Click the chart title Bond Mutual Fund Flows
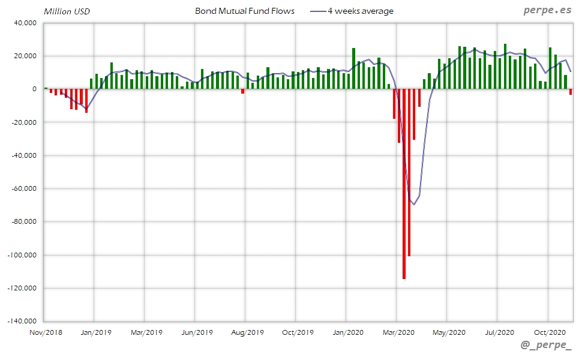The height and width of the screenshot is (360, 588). click(x=245, y=11)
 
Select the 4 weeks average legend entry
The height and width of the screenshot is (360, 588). click(x=360, y=11)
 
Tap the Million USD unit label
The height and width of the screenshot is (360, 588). click(x=67, y=11)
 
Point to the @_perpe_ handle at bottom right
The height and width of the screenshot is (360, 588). click(x=546, y=347)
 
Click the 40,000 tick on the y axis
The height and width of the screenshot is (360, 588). click(x=25, y=23)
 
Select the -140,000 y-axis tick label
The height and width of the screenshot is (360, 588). click(x=22, y=321)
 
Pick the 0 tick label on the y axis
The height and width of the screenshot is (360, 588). click(x=34, y=89)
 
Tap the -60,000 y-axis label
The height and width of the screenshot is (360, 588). click(x=23, y=188)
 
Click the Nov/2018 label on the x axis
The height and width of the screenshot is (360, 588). click(x=46, y=332)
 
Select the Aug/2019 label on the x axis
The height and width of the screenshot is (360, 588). click(x=247, y=332)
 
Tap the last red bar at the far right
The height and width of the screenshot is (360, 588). click(x=571, y=92)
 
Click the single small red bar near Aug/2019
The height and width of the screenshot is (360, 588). click(x=242, y=91)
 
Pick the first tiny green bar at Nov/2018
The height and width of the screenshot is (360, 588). click(x=46, y=88)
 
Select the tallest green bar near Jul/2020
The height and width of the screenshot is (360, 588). click(x=505, y=66)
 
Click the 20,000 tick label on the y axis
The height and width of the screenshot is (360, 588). click(x=25, y=56)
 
